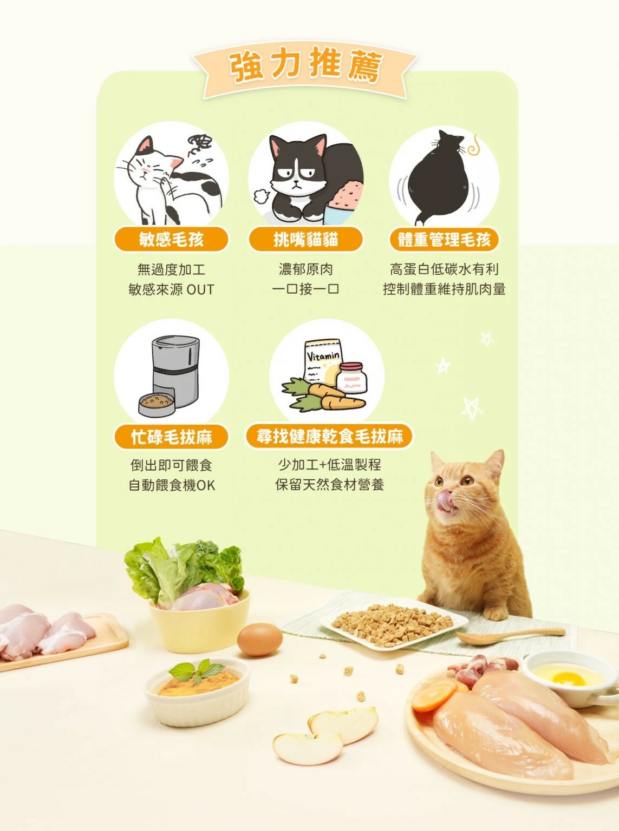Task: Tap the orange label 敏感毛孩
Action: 171,239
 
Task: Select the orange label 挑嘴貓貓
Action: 305,239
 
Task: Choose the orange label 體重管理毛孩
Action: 444,239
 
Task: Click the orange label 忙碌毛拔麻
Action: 171,437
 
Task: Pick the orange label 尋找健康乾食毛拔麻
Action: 329,436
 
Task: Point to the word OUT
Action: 200,290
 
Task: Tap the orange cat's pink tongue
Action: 445,499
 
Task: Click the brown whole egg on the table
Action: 260,639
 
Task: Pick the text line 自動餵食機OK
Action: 171,485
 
